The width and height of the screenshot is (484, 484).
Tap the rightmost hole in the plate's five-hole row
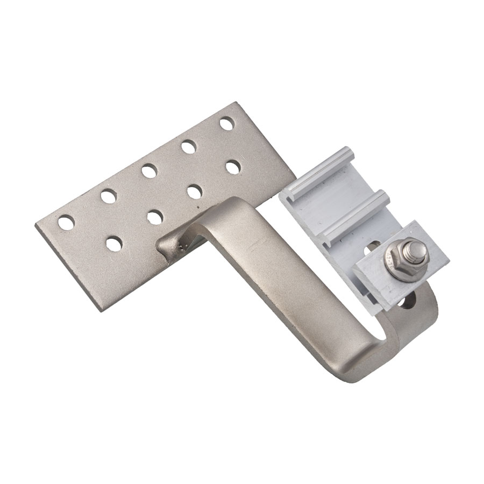coord(227,123)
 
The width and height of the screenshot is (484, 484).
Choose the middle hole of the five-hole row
coord(149,171)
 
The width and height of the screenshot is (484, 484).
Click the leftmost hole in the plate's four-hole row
coord(113,243)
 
